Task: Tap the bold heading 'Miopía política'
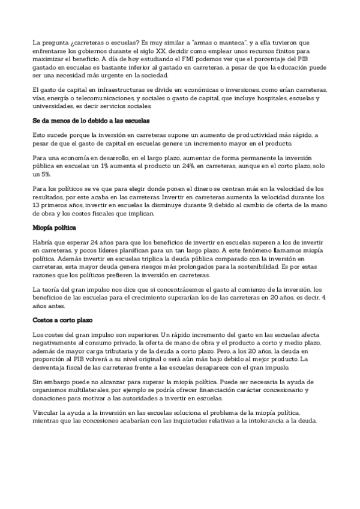click(56, 228)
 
